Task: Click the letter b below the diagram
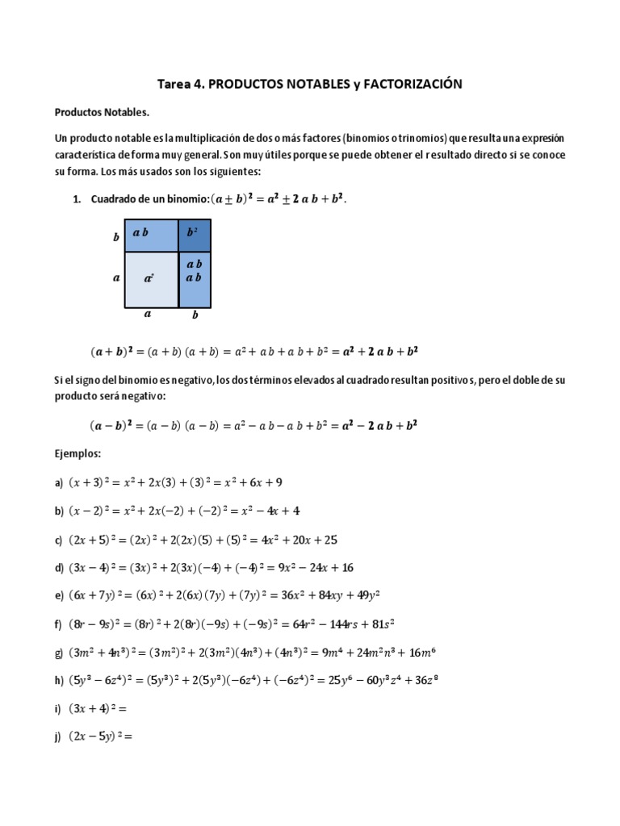195,317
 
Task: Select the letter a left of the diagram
116,277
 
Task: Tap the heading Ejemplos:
78,454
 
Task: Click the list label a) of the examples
59,483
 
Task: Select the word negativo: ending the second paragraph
144,396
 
